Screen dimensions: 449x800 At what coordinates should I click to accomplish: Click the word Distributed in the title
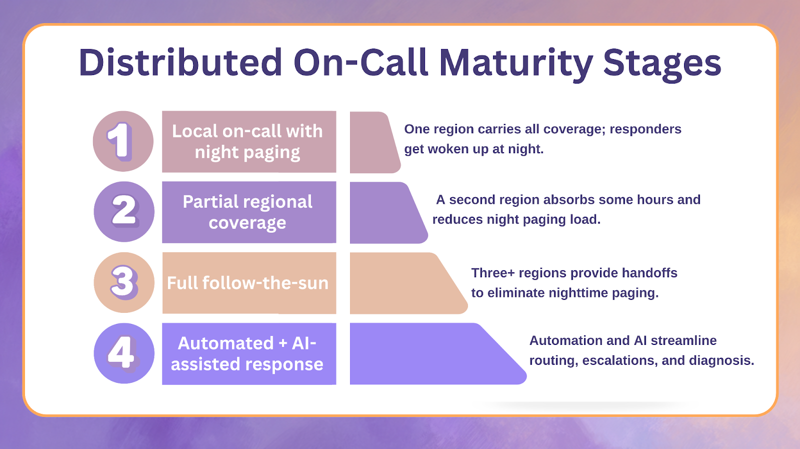pyautogui.click(x=180, y=63)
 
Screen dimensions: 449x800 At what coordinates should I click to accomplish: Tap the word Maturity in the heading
pyautogui.click(x=515, y=64)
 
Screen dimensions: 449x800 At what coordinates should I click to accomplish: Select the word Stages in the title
pyautogui.click(x=662, y=64)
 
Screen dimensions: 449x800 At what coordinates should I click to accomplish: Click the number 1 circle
pyautogui.click(x=123, y=141)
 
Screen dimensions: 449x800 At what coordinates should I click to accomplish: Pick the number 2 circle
pyautogui.click(x=124, y=212)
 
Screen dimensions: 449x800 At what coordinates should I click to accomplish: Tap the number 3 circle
pyautogui.click(x=124, y=282)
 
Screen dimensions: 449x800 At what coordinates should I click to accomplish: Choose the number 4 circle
pyautogui.click(x=124, y=353)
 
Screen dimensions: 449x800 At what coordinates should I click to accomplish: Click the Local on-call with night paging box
pyautogui.click(x=248, y=142)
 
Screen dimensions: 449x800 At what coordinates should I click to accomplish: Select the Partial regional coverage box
pyautogui.click(x=248, y=212)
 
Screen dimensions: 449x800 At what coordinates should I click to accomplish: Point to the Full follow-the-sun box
pyautogui.click(x=248, y=283)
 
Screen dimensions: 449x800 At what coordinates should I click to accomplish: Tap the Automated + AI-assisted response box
pyautogui.click(x=248, y=354)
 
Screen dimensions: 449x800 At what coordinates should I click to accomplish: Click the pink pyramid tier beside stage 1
pyautogui.click(x=372, y=143)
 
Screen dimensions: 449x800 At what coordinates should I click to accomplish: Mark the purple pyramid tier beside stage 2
pyautogui.click(x=385, y=213)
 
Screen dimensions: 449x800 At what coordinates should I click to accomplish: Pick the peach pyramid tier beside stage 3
pyautogui.click(x=402, y=283)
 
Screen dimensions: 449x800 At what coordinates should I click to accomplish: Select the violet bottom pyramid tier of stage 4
pyautogui.click(x=430, y=354)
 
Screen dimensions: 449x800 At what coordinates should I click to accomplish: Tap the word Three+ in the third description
pyautogui.click(x=492, y=273)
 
